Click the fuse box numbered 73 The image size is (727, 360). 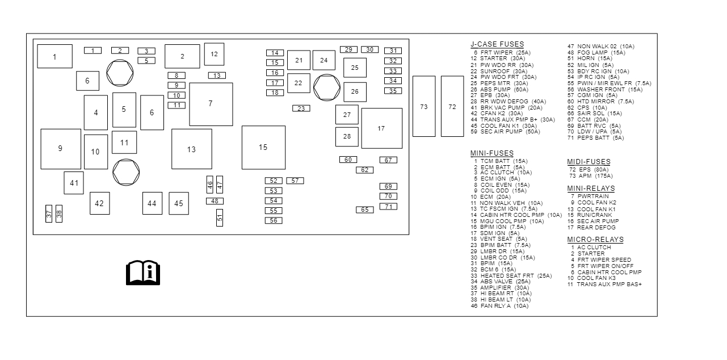pyautogui.click(x=423, y=106)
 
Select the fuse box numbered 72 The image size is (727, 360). pyautogui.click(x=452, y=106)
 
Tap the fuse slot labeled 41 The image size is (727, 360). pyautogui.click(x=74, y=183)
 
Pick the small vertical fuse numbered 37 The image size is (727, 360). pyautogui.click(x=49, y=214)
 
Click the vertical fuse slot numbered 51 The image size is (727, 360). pyautogui.click(x=220, y=217)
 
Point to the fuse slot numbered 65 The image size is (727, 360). pyautogui.click(x=365, y=210)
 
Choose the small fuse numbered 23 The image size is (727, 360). pyautogui.click(x=301, y=108)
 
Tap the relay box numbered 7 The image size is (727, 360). pyautogui.click(x=211, y=104)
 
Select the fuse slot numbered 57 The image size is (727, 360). pyautogui.click(x=295, y=181)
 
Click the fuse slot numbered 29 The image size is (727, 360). pyautogui.click(x=348, y=49)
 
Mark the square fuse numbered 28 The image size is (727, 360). pyautogui.click(x=347, y=136)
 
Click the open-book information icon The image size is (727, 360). pyautogui.click(x=142, y=273)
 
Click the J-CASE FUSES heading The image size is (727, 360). pyautogui.click(x=497, y=44)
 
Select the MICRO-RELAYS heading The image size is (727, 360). pyautogui.click(x=595, y=240)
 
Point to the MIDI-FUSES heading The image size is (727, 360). pyautogui.click(x=589, y=162)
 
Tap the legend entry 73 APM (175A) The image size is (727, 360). pyautogui.click(x=590, y=175)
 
